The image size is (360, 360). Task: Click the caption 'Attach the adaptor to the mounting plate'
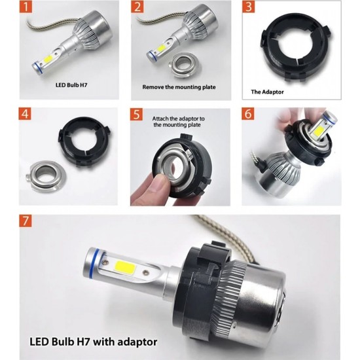(178, 120)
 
